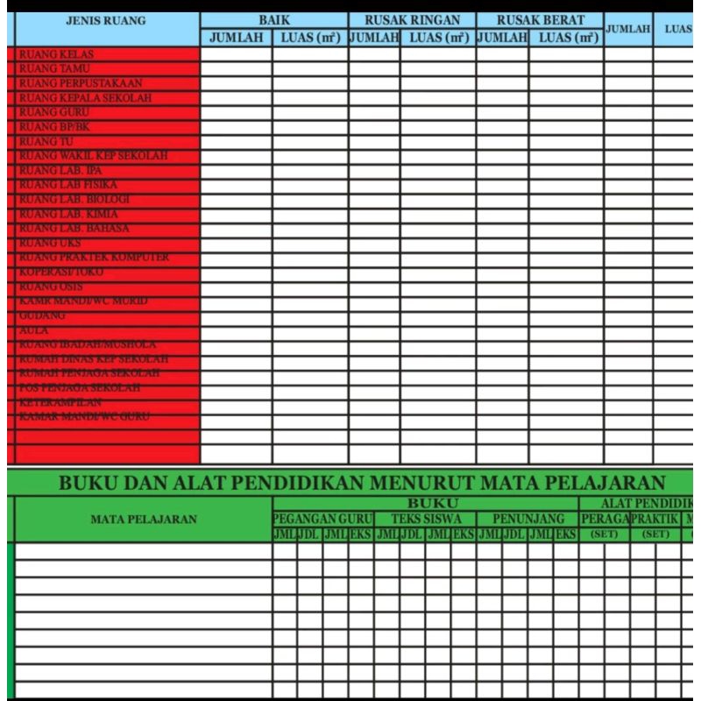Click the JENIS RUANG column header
106,21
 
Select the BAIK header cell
273,20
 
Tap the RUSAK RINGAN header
412,20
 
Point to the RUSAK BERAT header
540,20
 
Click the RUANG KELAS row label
56,54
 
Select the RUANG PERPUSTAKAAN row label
81,83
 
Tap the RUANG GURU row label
54,112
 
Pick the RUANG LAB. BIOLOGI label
74,200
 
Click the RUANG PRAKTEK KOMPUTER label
94,258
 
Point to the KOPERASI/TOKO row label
60,273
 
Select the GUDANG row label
42,315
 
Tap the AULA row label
34,330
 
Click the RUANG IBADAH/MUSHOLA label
87,344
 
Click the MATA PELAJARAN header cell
144,519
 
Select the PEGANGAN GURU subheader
322,519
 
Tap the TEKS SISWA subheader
426,519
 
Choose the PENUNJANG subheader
528,519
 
